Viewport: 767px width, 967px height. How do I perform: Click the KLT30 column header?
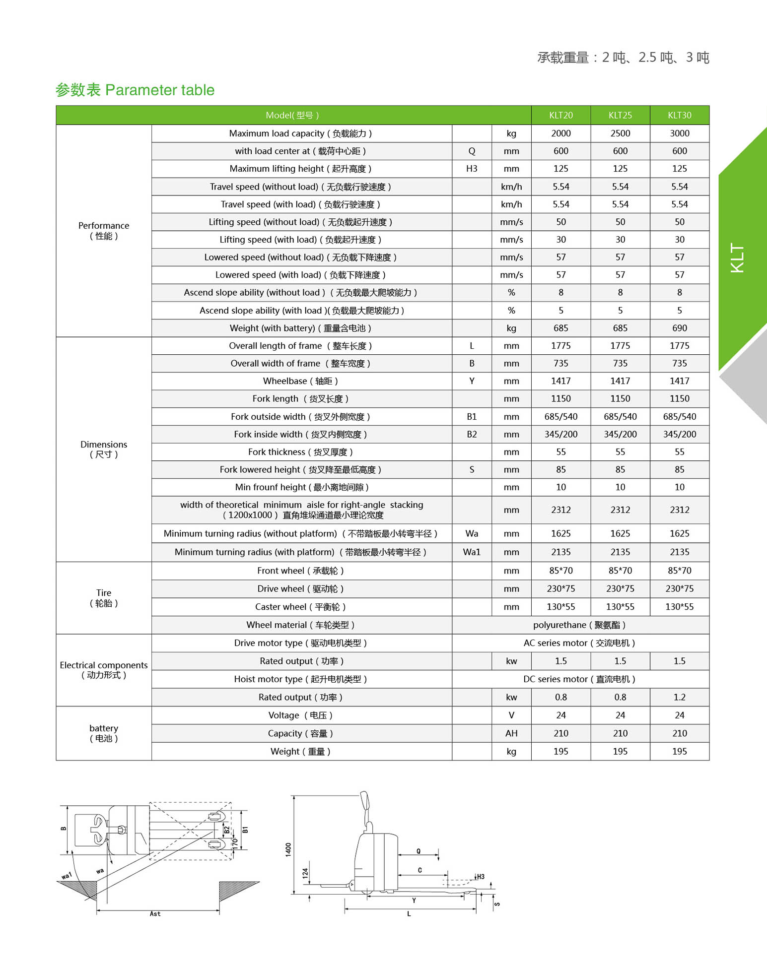tap(679, 115)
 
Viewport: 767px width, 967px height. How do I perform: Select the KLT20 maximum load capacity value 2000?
tap(560, 133)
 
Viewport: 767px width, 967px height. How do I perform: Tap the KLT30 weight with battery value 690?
tap(679, 328)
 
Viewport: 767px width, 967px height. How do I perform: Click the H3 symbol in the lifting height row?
tap(471, 169)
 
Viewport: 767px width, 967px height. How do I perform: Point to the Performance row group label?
tap(103, 231)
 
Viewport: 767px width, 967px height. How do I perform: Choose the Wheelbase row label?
tap(300, 381)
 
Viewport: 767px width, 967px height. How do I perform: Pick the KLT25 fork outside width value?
tap(620, 417)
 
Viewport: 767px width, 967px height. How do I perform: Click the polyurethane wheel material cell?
tap(579, 625)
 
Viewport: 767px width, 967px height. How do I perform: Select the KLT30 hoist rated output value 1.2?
tap(679, 697)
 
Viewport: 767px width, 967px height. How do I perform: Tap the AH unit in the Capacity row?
tap(511, 733)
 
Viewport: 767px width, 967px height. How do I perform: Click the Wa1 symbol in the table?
tap(471, 552)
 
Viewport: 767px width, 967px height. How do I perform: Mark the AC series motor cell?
tap(579, 643)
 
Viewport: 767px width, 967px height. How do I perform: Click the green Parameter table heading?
tap(135, 90)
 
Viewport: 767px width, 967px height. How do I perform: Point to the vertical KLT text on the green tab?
tap(737, 258)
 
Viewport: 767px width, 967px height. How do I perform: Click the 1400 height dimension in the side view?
tap(288, 849)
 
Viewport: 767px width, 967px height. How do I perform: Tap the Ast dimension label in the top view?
tap(155, 913)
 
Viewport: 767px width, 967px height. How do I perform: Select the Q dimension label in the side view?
tap(418, 851)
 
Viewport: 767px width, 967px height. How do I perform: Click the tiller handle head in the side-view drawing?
tap(365, 800)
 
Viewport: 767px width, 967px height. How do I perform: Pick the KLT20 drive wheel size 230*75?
tap(560, 589)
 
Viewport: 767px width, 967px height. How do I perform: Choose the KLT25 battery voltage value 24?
tap(620, 715)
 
